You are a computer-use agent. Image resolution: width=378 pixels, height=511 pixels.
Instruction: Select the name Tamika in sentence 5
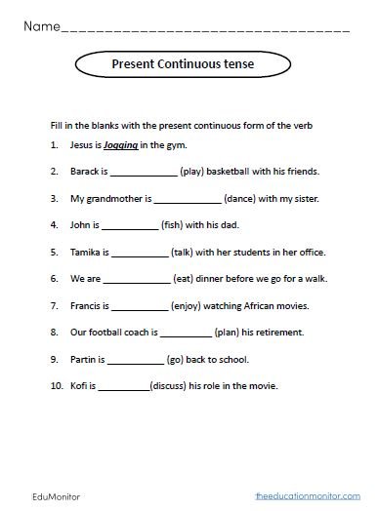(85, 251)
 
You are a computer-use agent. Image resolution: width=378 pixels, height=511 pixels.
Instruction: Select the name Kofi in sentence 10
(80, 384)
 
